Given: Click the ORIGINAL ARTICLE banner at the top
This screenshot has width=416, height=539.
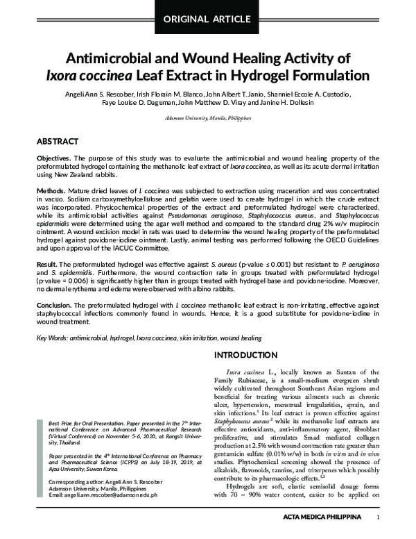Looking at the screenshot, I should point(207,18).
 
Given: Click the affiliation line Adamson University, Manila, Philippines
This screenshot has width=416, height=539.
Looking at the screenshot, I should point(207,118).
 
